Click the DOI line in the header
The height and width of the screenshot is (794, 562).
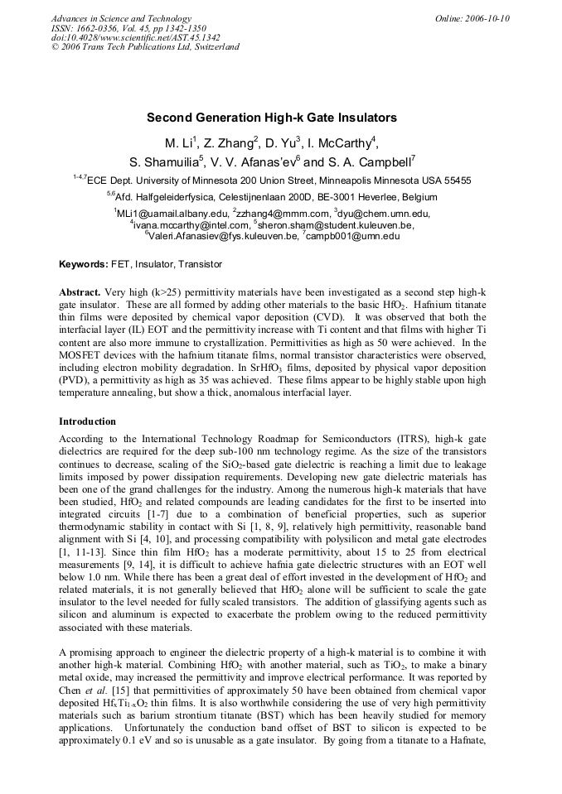(x=136, y=37)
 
